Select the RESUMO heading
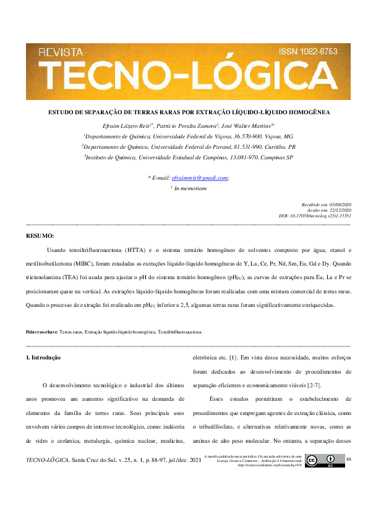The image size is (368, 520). click(x=40, y=236)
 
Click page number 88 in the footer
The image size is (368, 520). click(x=349, y=459)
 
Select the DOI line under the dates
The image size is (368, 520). click(x=315, y=216)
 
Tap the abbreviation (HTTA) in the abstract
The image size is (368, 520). click(x=134, y=250)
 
